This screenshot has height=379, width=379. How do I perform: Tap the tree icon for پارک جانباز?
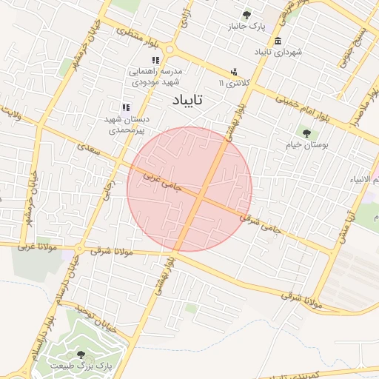(246, 15)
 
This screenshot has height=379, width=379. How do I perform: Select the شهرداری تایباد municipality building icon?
(278, 41)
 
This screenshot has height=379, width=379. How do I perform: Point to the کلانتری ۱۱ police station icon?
(234, 72)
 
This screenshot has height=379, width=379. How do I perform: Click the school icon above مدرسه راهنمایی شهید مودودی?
(155, 60)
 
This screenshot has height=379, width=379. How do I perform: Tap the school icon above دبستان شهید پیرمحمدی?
(126, 108)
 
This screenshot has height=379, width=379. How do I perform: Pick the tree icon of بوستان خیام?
(306, 133)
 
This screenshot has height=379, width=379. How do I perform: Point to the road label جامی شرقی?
(261, 224)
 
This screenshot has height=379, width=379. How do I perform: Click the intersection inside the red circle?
(201, 195)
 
